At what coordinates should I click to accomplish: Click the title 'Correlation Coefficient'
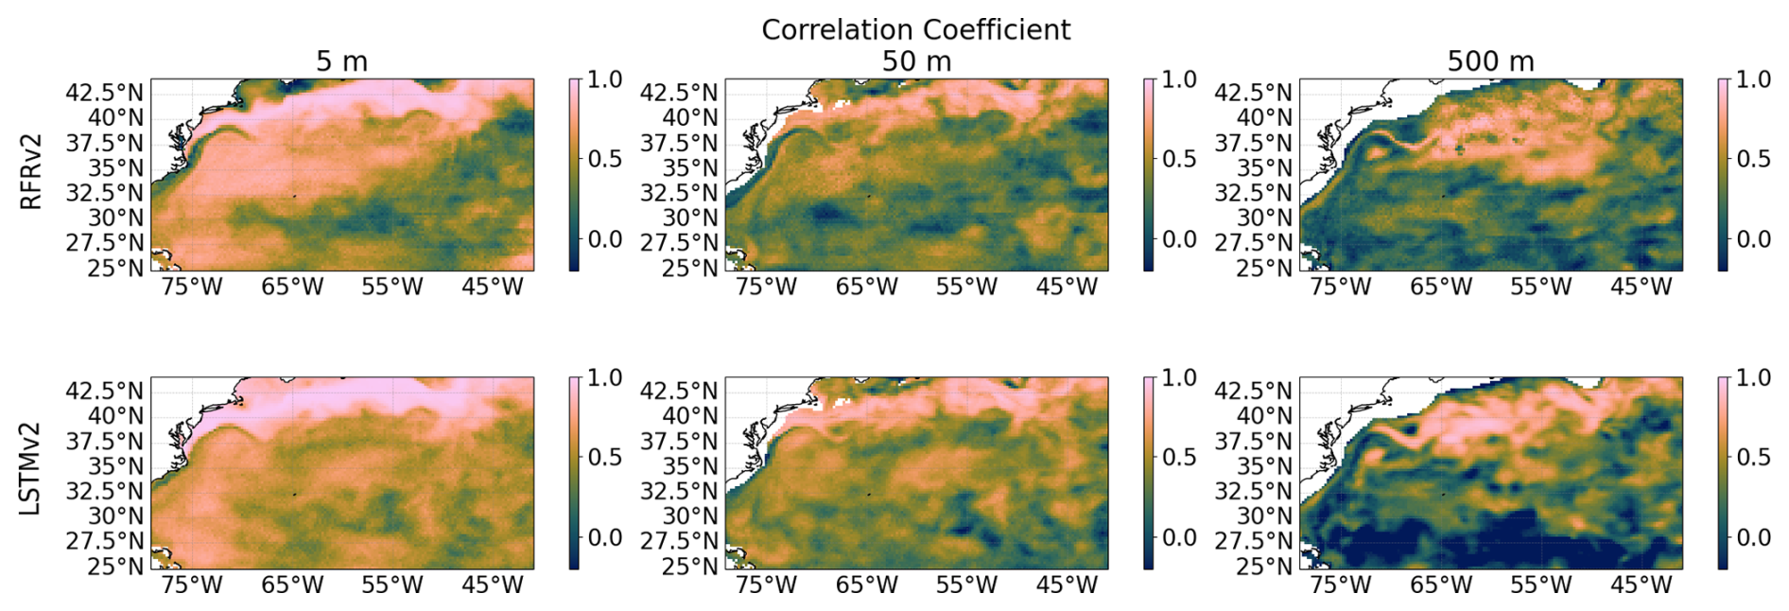click(x=915, y=30)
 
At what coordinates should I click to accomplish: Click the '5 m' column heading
click(x=341, y=62)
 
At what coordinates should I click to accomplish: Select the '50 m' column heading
click(x=916, y=62)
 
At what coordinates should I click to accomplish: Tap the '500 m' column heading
click(x=1490, y=62)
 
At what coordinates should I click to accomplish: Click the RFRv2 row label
click(x=31, y=172)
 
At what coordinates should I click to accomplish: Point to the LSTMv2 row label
click(x=31, y=469)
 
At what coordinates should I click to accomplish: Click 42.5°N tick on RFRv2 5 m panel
click(x=105, y=93)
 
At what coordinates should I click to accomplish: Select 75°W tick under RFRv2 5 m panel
click(x=192, y=287)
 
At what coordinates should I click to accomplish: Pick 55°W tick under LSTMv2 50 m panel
click(x=966, y=585)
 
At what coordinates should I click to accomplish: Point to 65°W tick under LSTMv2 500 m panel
click(x=1440, y=585)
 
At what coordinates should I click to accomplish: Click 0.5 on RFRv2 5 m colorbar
click(x=605, y=159)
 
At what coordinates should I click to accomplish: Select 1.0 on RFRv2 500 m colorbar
click(x=1753, y=79)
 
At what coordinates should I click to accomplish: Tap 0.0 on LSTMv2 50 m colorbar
click(x=1179, y=538)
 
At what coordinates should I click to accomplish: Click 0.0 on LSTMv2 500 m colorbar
click(x=1753, y=538)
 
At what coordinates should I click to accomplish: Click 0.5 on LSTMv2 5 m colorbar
click(x=605, y=458)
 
